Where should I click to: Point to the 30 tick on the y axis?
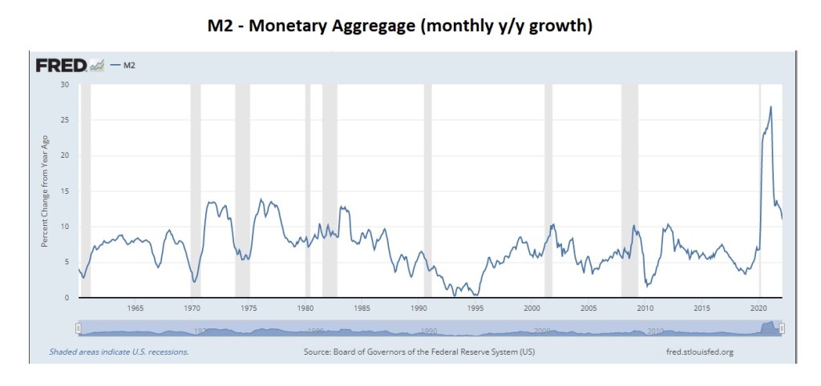click(x=65, y=85)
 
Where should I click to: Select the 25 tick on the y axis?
click(x=65, y=120)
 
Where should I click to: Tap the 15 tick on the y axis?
click(x=65, y=191)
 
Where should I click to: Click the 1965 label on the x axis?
click(x=135, y=308)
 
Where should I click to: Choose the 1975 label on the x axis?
click(x=249, y=308)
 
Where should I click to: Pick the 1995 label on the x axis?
click(x=475, y=308)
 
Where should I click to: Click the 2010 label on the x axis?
click(x=645, y=308)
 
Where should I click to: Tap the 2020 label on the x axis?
click(x=758, y=308)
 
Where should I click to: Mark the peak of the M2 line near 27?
click(x=770, y=107)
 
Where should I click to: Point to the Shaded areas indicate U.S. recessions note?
click(x=119, y=352)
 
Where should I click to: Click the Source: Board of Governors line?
click(x=419, y=352)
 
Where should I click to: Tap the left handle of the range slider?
click(x=79, y=328)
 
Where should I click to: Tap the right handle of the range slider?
click(x=782, y=328)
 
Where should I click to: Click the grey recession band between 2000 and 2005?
click(x=548, y=191)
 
